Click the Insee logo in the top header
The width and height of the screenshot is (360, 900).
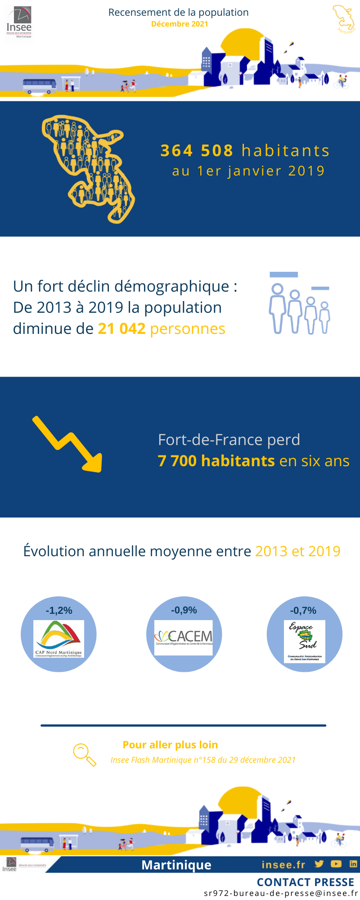(x=19, y=23)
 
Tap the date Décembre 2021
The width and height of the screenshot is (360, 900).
(x=180, y=24)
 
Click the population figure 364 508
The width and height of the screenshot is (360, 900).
(x=197, y=151)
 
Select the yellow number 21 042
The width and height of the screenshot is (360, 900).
(x=121, y=329)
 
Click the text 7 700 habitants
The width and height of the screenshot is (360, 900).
(x=216, y=461)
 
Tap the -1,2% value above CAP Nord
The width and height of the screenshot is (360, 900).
(x=59, y=611)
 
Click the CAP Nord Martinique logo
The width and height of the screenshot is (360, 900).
(x=59, y=639)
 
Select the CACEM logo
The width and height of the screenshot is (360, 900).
(x=184, y=638)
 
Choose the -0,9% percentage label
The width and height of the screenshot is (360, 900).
(x=184, y=610)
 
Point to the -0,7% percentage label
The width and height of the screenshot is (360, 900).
(x=303, y=611)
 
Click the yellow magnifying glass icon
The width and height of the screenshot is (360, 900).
(x=84, y=755)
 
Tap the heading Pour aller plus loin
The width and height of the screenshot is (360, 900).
(x=170, y=745)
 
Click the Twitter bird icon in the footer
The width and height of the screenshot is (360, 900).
(x=319, y=864)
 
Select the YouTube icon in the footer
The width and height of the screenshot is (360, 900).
(x=336, y=864)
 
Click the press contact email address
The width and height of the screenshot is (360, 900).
(x=281, y=893)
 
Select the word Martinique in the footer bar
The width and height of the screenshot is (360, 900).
(x=176, y=865)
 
